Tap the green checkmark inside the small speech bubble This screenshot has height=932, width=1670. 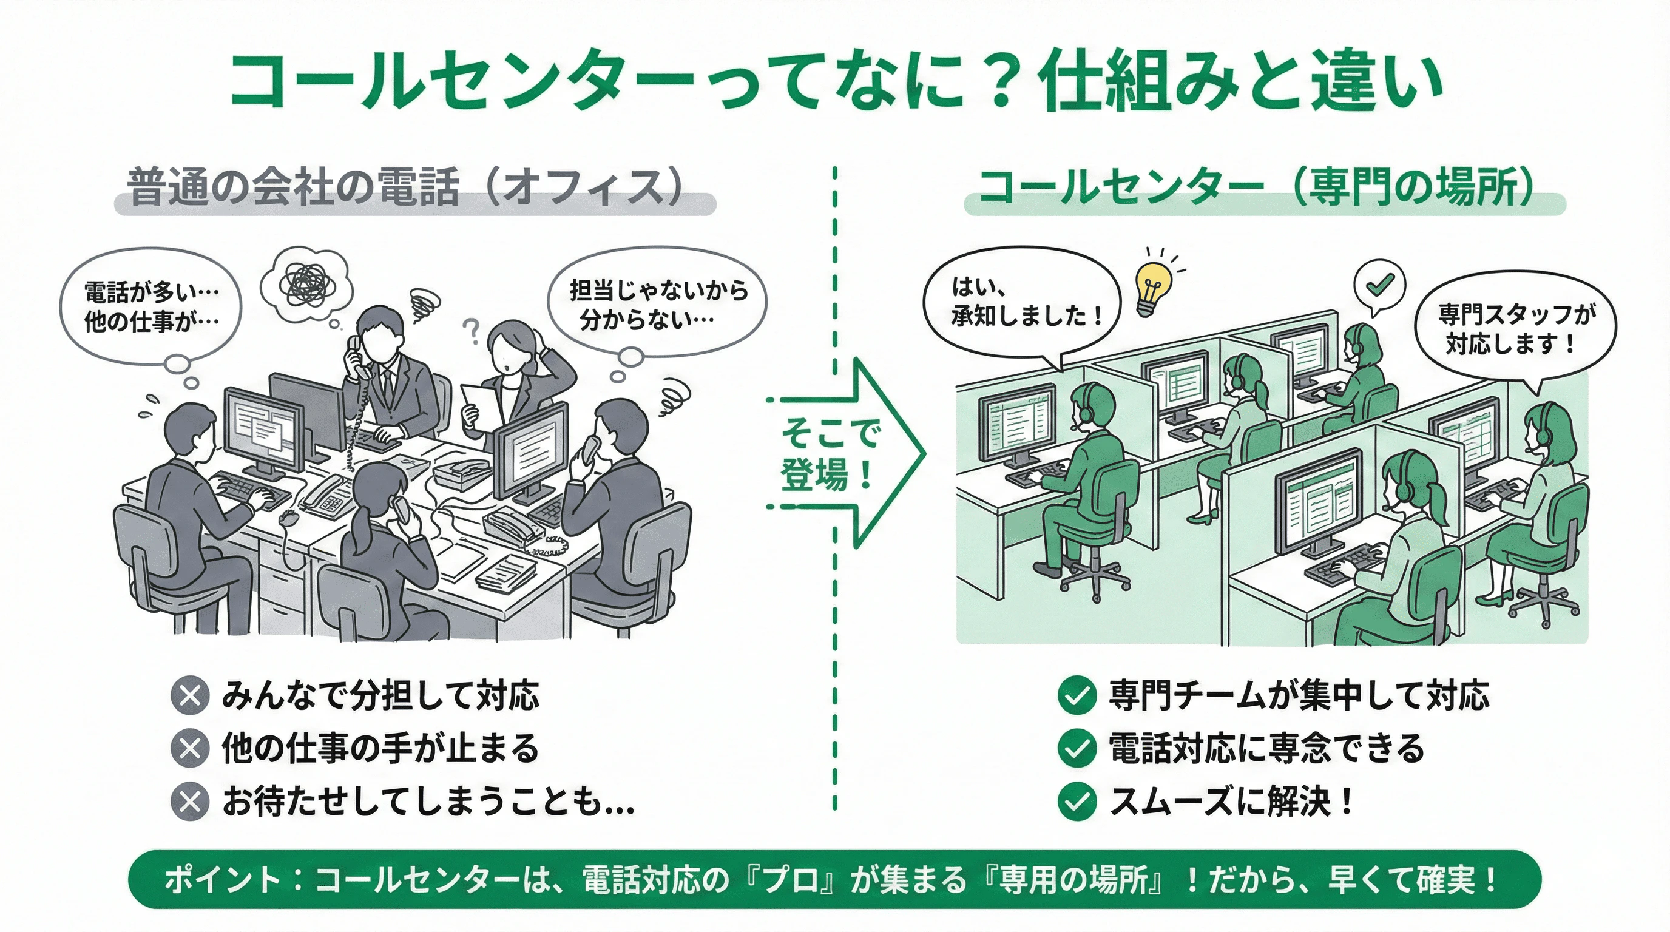point(1379,284)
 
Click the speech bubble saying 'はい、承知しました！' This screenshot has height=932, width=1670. point(1023,302)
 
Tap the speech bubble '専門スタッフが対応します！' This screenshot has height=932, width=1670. point(1515,329)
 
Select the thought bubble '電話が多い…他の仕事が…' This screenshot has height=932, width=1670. point(150,306)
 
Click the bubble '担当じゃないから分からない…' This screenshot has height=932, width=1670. point(657,303)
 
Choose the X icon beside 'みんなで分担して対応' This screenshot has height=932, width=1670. point(190,695)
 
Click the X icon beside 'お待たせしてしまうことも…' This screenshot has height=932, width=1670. point(190,802)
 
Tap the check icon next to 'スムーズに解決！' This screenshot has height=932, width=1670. point(1077,802)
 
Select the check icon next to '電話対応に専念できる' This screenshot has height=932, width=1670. point(1077,749)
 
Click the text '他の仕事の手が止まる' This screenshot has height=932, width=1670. point(380,749)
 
